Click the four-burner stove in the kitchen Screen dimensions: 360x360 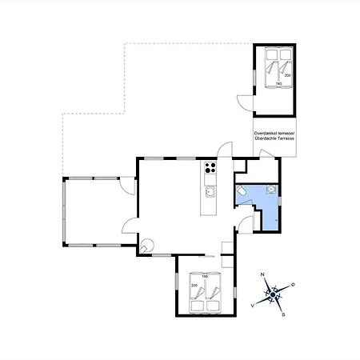pos(210,168)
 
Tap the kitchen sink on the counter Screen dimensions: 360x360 pos(210,191)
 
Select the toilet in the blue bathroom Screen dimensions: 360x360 pos(240,191)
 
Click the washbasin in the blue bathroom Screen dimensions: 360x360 pos(272,189)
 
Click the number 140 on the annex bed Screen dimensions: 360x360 pos(278,83)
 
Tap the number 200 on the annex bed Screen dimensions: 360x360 pos(288,75)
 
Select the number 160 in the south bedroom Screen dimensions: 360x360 pos(205,278)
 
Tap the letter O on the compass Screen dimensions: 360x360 pos(293,286)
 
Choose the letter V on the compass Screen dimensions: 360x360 pos(253,306)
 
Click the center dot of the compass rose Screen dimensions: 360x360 pos(273,295)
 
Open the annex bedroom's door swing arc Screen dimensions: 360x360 pos(242,101)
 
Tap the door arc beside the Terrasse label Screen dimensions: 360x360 pos(227,149)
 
